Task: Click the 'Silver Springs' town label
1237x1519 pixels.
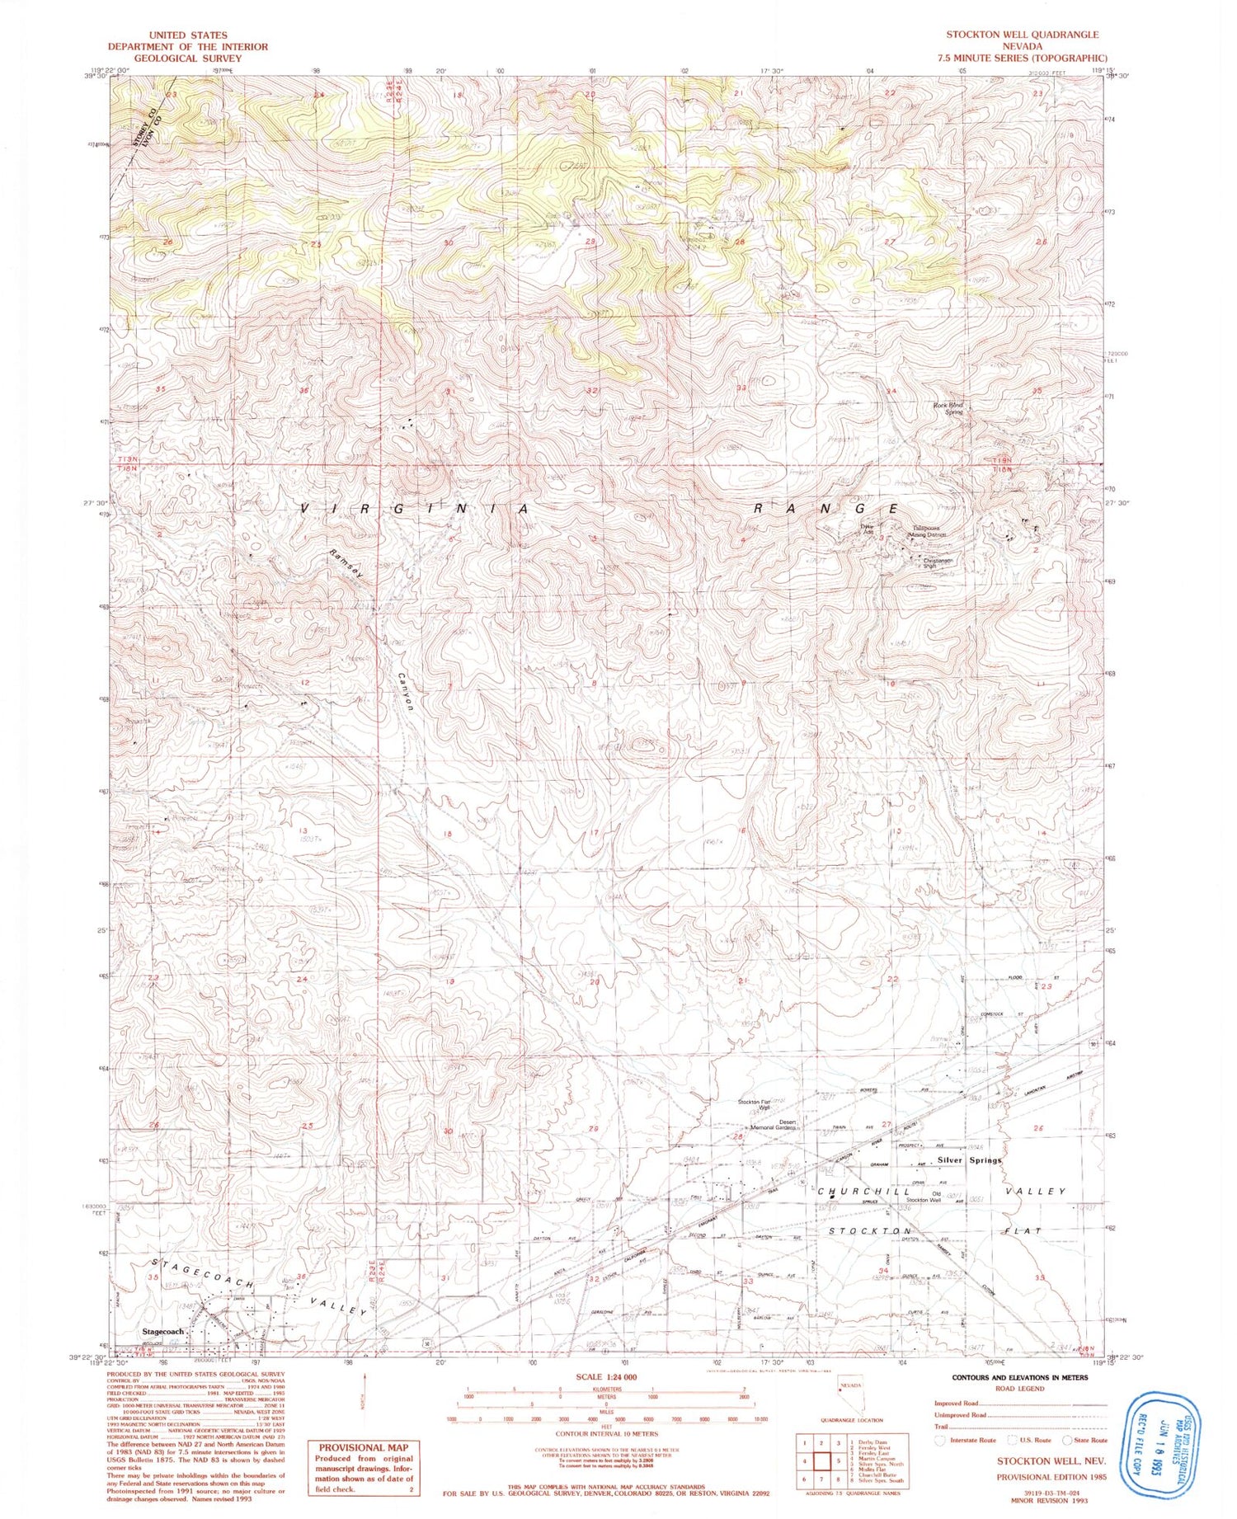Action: pos(969,1159)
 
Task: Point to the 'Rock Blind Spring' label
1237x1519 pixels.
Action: pos(948,408)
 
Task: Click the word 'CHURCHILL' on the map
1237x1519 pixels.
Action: pos(863,1192)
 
